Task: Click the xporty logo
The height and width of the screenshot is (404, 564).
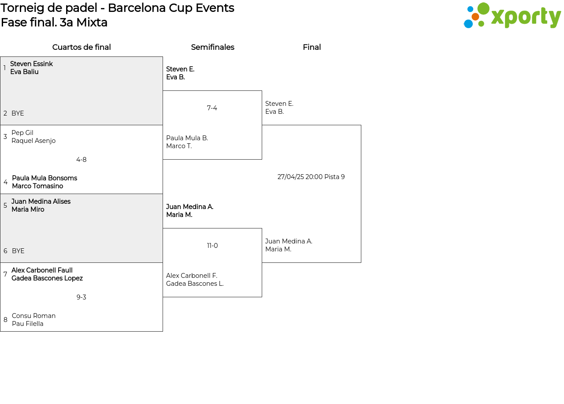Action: coord(512,16)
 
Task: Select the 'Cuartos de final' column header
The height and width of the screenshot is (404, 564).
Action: coord(82,47)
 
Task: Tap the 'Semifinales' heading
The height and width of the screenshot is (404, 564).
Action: coord(212,47)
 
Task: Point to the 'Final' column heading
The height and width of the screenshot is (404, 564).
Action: coord(312,47)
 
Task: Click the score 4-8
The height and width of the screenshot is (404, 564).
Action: coord(82,160)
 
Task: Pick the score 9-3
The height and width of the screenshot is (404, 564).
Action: coord(82,297)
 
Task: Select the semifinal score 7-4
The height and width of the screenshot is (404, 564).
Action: coord(212,108)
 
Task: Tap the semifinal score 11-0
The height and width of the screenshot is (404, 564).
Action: coord(212,246)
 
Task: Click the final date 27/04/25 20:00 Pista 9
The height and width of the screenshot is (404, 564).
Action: coord(311,177)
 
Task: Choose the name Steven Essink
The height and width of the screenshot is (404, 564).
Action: coord(31,64)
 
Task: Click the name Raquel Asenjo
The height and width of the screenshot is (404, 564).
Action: coord(33,141)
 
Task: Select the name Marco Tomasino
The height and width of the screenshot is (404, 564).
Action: coord(37,186)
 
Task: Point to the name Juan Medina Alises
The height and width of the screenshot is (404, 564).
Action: coord(41,202)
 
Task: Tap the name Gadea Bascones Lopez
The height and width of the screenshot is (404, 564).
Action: coord(47,278)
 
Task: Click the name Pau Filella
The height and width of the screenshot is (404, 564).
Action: coord(28,324)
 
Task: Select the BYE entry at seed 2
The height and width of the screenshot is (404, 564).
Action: coord(18,113)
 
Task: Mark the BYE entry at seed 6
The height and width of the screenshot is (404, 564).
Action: coord(18,251)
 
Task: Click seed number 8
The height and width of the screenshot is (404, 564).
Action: coord(5,320)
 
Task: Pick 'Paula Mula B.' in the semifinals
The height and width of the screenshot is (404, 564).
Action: coord(187,138)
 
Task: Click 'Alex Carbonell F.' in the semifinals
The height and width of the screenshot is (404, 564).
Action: coord(192,276)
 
